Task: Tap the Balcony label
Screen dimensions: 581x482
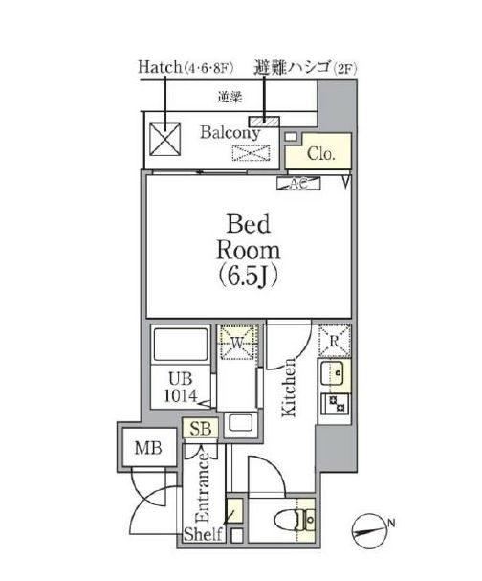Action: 230,134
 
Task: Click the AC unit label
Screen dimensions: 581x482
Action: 293,183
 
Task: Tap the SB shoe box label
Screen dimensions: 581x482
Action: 201,431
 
